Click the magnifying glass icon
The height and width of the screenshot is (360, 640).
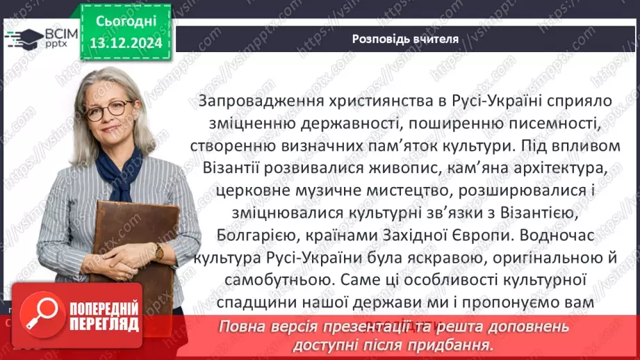click(42, 315)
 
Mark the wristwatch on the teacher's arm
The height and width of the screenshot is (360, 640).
click(159, 251)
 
